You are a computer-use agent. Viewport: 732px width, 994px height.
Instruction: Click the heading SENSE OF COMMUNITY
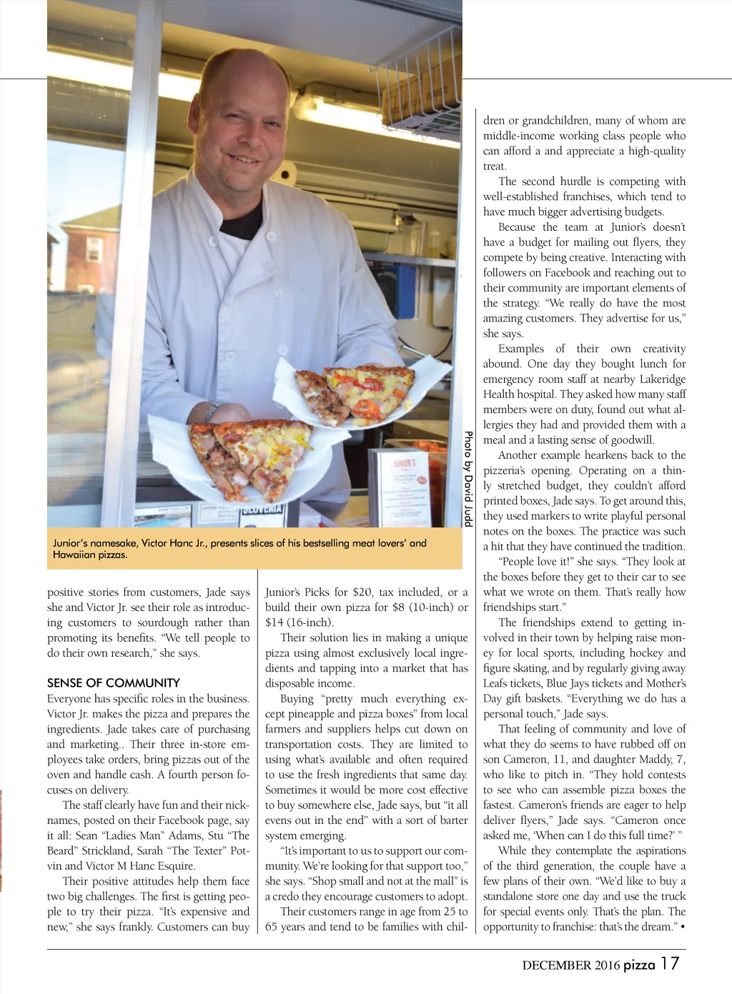click(113, 683)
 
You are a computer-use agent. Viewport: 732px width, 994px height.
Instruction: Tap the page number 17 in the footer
click(670, 963)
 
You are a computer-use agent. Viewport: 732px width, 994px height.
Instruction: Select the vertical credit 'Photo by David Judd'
click(468, 478)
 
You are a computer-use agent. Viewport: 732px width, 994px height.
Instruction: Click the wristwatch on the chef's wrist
click(212, 411)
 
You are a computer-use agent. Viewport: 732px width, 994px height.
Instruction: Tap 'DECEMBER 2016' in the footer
click(570, 965)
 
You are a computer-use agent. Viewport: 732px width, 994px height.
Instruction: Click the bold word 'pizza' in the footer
click(639, 965)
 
